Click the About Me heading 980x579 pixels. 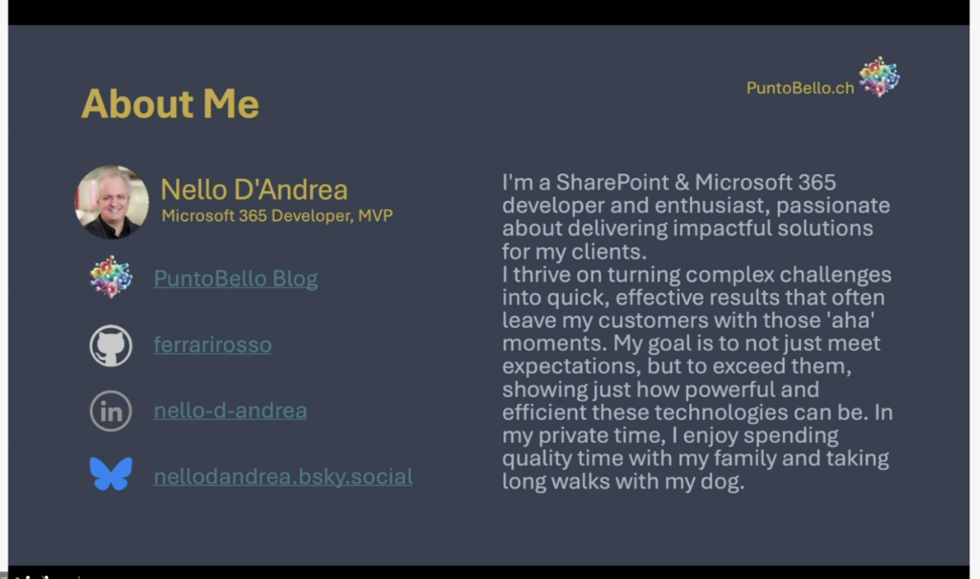pos(170,103)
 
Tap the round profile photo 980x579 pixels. pos(112,202)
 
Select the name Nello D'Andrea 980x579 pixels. pos(254,189)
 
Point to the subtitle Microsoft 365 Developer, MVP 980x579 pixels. pos(277,215)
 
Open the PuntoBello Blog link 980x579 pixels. pos(235,278)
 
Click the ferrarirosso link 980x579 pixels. pos(212,345)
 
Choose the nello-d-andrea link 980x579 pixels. pos(230,411)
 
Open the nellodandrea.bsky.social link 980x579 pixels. pos(283,477)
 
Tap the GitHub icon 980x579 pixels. pos(111,345)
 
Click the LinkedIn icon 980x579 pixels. pos(111,412)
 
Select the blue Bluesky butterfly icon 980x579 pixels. pos(111,474)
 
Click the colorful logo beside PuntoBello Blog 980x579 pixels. pos(111,277)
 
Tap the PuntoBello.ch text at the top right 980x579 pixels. pos(800,88)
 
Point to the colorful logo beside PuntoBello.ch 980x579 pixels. pos(879,77)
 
